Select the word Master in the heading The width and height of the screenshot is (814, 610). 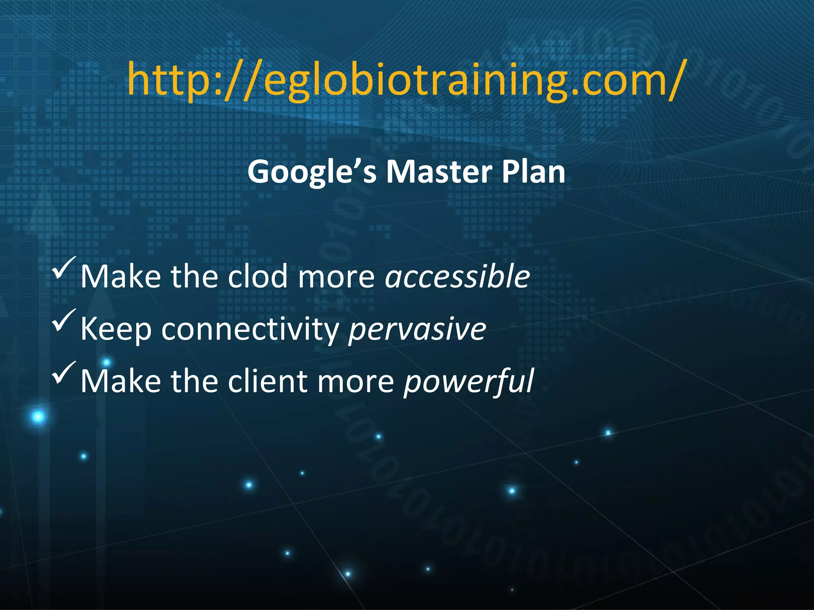point(438,172)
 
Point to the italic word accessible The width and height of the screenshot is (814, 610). point(457,276)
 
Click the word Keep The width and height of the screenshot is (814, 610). point(116,329)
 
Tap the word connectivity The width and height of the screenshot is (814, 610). point(250,329)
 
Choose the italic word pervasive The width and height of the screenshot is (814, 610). point(417,329)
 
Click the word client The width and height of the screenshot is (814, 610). point(267,381)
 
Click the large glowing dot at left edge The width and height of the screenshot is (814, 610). point(39,417)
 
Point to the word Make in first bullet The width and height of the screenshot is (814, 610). point(120,276)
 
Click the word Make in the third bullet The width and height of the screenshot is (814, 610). point(120,381)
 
